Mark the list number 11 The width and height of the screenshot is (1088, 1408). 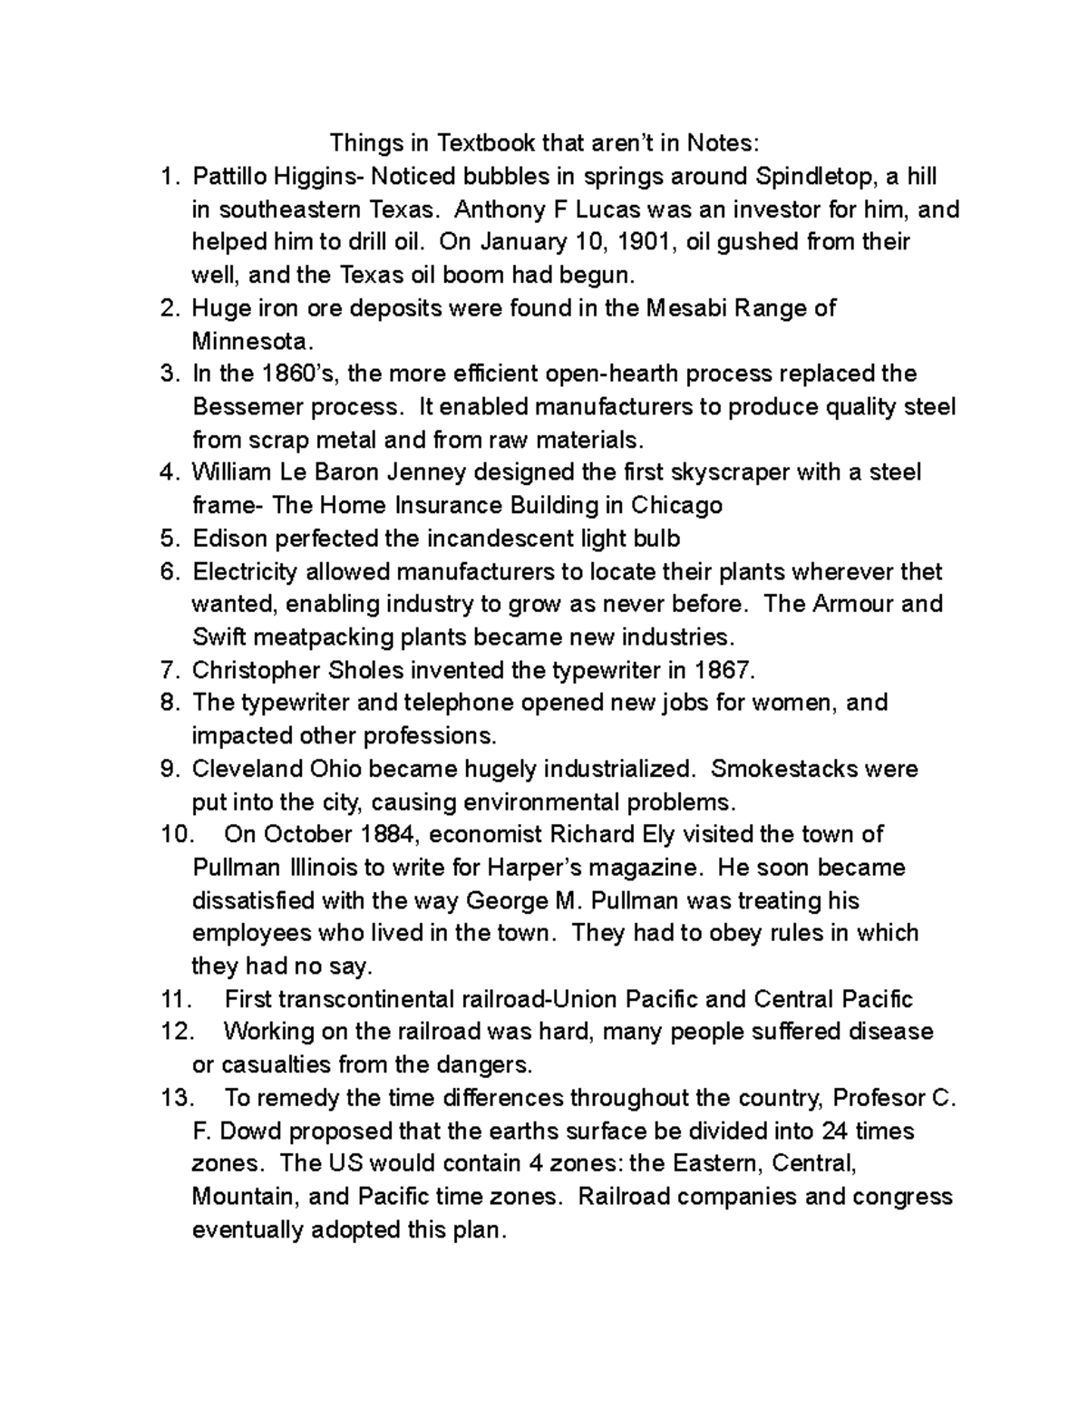176,999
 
